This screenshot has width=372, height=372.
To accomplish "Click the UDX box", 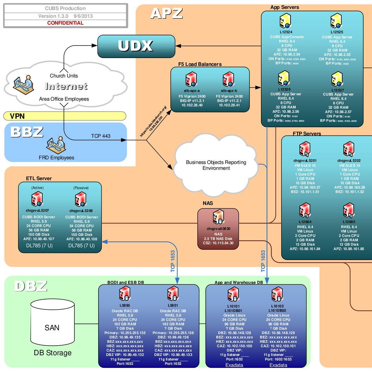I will [x=136, y=46].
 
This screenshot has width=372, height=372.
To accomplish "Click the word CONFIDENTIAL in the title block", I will [x=65, y=23].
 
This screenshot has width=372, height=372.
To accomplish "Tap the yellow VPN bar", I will [x=65, y=116].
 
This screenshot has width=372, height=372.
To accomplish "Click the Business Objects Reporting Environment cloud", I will [x=216, y=165].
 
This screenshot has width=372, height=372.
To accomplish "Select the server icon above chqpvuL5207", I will [x=37, y=199].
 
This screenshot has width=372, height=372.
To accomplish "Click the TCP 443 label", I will [x=100, y=136].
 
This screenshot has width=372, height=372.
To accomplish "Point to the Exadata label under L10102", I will [x=278, y=365].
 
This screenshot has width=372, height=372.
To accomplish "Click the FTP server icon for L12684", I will [x=305, y=211].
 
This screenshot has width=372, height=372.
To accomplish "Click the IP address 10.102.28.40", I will [x=192, y=105].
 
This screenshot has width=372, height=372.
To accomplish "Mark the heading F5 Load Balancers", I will [x=200, y=64].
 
